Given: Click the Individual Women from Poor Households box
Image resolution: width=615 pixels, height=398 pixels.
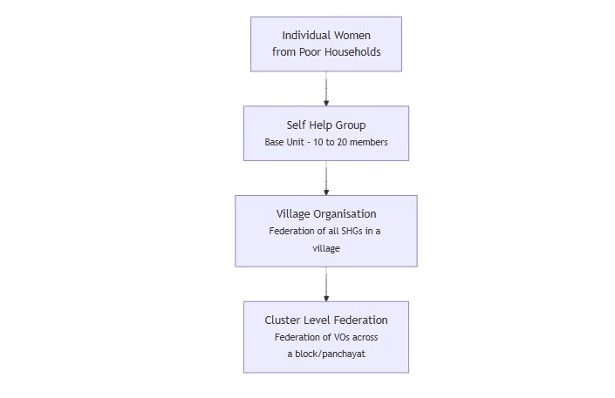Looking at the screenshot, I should click(325, 44).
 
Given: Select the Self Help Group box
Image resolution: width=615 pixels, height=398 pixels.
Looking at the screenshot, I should click(325, 133).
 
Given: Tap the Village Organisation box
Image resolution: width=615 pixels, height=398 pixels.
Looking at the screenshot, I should click(325, 231).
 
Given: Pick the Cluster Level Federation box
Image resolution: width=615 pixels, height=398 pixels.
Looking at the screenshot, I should click(325, 336).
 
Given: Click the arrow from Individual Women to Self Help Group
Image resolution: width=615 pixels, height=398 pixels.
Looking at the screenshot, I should click(325, 88).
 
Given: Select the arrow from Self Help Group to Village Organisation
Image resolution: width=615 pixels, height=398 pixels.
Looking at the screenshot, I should click(325, 178).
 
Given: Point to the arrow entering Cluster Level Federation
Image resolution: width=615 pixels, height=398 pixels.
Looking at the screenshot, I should click(325, 283).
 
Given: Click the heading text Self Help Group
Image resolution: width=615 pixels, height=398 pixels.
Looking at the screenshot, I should click(325, 125).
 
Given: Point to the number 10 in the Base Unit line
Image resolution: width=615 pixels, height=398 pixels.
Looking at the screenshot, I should click(319, 142).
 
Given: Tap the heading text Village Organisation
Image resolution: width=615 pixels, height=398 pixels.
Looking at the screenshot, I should click(325, 213).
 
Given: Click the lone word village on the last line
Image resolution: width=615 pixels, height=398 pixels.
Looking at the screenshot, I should click(325, 248).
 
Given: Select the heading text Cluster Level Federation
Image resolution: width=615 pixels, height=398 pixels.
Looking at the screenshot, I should click(325, 320).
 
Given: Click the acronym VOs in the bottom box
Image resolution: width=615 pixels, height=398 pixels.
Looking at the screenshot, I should click(341, 337).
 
